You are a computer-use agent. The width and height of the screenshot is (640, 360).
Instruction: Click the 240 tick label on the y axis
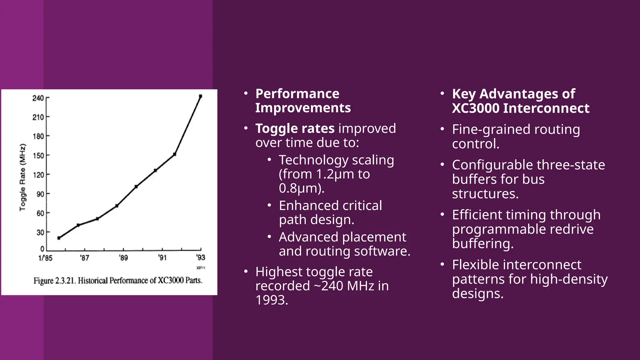click(x=38, y=98)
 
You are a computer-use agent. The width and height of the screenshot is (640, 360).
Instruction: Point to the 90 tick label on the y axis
click(x=40, y=194)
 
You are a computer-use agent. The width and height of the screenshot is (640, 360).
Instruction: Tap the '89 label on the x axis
click(x=123, y=258)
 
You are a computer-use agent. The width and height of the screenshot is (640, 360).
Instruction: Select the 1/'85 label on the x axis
click(x=45, y=258)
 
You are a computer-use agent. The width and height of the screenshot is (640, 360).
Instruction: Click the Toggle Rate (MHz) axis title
click(x=22, y=177)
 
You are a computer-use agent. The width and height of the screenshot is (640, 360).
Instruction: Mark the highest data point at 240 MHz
click(x=200, y=96)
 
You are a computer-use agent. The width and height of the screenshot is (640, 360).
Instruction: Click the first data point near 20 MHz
click(x=59, y=238)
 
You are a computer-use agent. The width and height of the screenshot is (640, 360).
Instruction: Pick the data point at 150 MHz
click(x=174, y=154)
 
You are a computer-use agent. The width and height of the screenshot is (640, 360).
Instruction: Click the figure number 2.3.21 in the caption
click(x=65, y=281)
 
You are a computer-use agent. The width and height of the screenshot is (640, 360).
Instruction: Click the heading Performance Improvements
click(x=302, y=101)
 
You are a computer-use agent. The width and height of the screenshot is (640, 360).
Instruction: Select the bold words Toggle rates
click(x=295, y=128)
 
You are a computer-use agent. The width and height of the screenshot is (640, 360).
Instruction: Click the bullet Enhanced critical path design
click(x=330, y=212)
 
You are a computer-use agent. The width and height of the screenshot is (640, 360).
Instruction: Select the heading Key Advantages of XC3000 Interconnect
click(x=520, y=101)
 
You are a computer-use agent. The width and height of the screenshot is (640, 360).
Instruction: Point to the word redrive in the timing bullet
click(x=571, y=229)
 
